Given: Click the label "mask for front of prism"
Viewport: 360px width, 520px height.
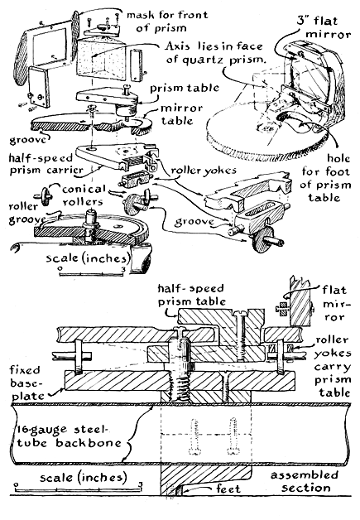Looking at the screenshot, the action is click(167, 22).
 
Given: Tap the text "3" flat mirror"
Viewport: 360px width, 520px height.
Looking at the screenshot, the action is click(324, 27).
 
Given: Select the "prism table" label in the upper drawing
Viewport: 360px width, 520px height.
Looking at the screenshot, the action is click(185, 89).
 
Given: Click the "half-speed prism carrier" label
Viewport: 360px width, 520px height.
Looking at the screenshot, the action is click(46, 164).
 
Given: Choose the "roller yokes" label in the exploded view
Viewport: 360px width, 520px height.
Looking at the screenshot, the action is click(204, 170).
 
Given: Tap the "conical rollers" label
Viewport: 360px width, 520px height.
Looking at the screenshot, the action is click(84, 195).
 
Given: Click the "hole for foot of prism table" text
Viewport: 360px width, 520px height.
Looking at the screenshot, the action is click(325, 178).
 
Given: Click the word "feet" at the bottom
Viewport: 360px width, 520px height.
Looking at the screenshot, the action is click(228, 489).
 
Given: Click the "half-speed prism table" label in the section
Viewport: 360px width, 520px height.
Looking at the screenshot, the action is click(192, 295).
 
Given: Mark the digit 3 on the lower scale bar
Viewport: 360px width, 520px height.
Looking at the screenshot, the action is click(141, 485).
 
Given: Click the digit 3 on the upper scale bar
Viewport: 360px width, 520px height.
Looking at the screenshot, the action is click(123, 270).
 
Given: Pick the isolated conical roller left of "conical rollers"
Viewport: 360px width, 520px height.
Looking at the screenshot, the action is click(45, 195).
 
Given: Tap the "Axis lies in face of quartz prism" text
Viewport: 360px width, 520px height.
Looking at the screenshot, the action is click(215, 53).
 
